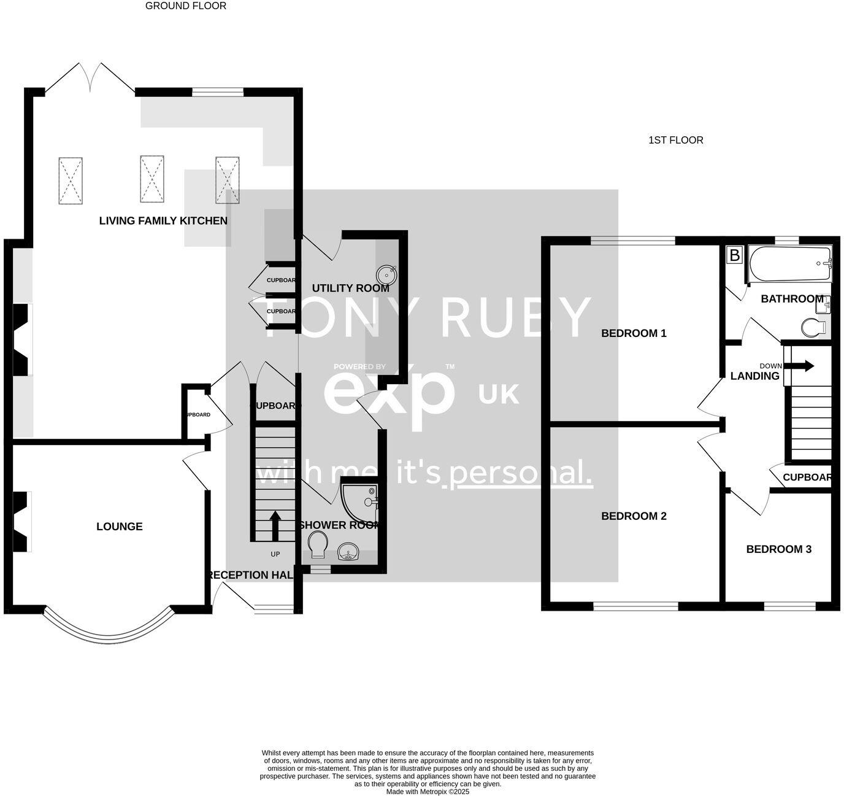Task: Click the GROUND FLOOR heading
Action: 186,6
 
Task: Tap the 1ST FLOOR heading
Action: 675,140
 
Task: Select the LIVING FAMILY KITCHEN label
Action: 163,221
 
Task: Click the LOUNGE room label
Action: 120,527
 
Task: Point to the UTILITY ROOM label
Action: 350,288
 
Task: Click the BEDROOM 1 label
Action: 634,333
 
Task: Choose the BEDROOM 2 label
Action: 634,516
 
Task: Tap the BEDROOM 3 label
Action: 778,549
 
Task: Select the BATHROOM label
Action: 792,299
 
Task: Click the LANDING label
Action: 754,376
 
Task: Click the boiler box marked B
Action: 734,255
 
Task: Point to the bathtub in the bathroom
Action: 789,265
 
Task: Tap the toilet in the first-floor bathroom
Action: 813,327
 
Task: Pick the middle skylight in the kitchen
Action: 152,179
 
